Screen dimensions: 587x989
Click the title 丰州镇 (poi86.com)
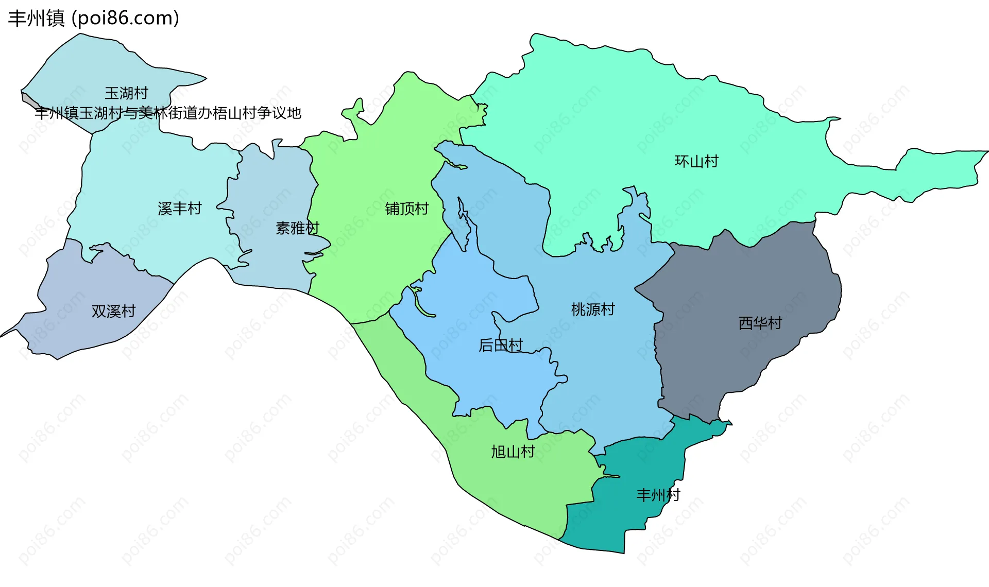pyautogui.click(x=94, y=18)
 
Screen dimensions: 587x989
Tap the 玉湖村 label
pyautogui.click(x=126, y=93)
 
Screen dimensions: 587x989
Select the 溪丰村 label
pyautogui.click(x=179, y=209)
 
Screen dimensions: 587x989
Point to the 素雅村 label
pyautogui.click(x=297, y=228)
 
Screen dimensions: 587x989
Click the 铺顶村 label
pyautogui.click(x=407, y=209)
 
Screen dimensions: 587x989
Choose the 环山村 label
pyautogui.click(x=696, y=161)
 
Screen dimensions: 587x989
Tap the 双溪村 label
pyautogui.click(x=113, y=311)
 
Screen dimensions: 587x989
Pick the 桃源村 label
pyautogui.click(x=593, y=309)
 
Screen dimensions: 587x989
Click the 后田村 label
pyautogui.click(x=501, y=345)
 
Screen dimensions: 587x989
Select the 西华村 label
pyautogui.click(x=760, y=323)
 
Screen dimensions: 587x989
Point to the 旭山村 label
pyautogui.click(x=513, y=452)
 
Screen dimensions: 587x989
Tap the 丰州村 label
pyautogui.click(x=658, y=495)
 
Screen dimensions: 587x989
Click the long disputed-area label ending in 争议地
pyautogui.click(x=168, y=113)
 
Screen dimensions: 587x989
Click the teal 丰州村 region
pyautogui.click(x=639, y=525)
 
